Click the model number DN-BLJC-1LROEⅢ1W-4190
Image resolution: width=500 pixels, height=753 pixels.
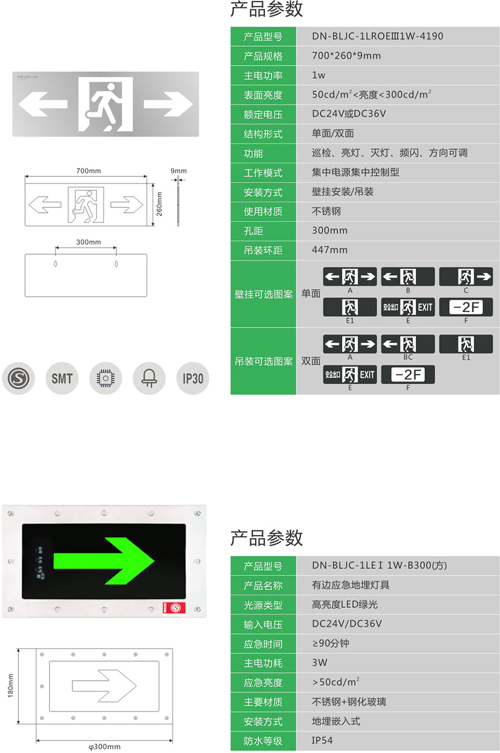(377, 36)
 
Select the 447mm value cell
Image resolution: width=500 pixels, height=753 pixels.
(398, 250)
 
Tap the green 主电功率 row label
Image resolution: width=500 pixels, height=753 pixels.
(263, 75)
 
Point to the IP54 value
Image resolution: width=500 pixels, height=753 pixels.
(322, 740)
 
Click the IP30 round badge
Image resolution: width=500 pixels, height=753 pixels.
(193, 378)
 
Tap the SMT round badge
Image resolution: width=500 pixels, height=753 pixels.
(62, 378)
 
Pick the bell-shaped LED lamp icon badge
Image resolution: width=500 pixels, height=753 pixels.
(149, 378)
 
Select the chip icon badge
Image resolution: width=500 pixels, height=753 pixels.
(105, 378)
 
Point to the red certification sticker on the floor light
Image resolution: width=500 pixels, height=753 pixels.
(174, 608)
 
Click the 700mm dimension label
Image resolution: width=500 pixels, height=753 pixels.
(89, 171)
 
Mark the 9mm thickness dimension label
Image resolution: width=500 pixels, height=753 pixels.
(178, 171)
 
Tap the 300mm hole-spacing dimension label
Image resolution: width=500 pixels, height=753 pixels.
(89, 242)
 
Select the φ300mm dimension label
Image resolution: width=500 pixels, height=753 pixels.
(104, 747)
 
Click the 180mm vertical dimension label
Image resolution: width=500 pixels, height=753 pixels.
(10, 686)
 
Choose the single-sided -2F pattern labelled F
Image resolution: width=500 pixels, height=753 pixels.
(466, 307)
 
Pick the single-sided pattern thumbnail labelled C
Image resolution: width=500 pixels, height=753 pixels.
(466, 277)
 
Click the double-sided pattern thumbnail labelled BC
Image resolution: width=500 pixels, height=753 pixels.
(408, 344)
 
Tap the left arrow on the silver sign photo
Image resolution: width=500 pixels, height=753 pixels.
(43, 104)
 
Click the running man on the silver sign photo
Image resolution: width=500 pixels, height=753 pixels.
(105, 105)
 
